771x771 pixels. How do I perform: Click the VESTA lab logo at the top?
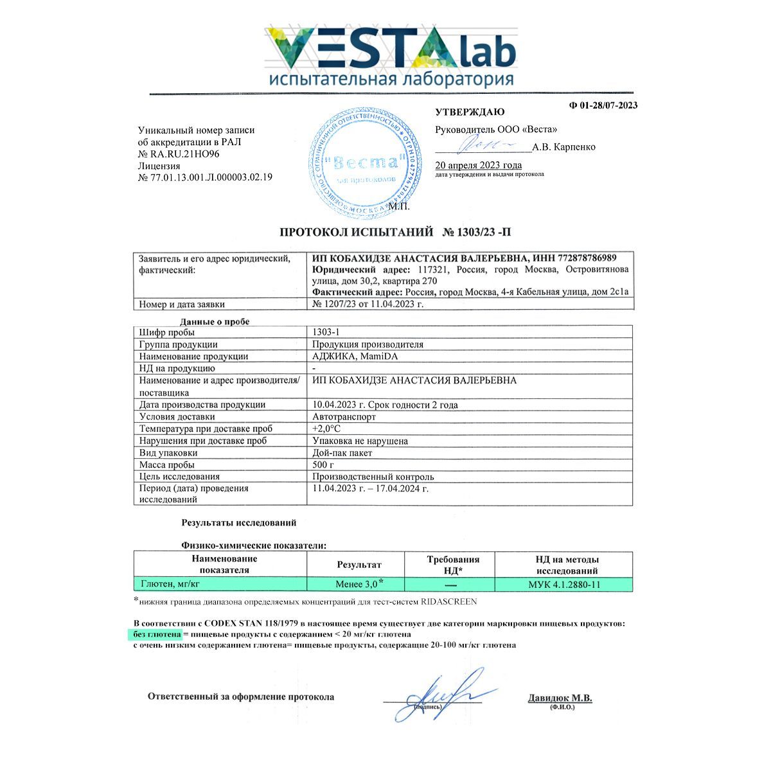pos(391,56)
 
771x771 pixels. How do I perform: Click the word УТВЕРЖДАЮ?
pos(470,112)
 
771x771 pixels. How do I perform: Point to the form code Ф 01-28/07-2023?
pos(603,105)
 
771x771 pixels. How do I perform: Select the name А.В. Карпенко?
pos(564,147)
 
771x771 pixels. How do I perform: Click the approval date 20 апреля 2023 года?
pos(479,165)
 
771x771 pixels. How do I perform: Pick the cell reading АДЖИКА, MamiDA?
pos(350,356)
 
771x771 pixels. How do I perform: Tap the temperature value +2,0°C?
pos(326,429)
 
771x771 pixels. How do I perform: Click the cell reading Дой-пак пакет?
pos(342,452)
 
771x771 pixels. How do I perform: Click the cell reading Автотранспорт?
pos(344,416)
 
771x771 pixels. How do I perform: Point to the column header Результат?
pos(359,565)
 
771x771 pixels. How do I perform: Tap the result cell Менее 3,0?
pos(357,584)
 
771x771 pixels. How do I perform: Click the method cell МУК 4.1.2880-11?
pos(563,585)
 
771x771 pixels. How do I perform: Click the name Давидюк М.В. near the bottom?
pos(560,698)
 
